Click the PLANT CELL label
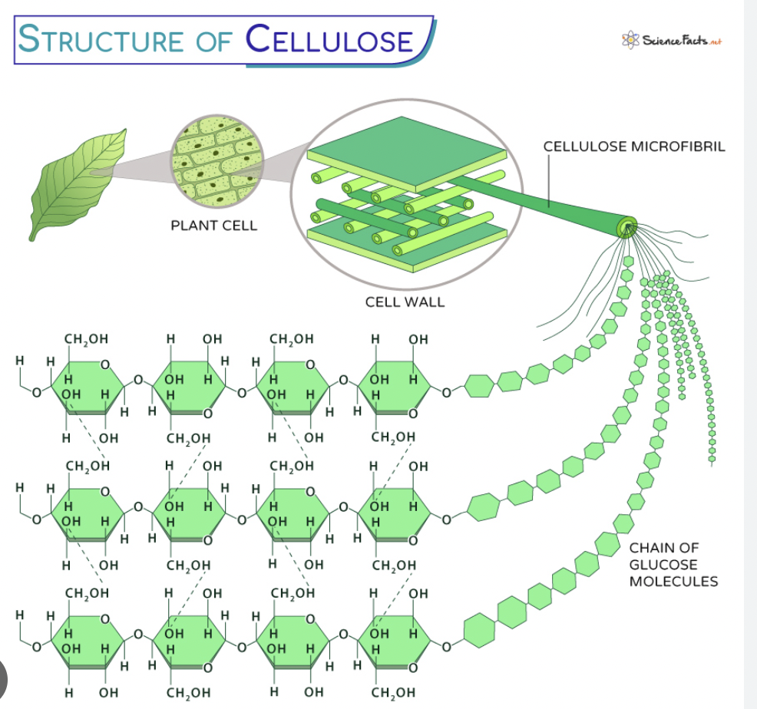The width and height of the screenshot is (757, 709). (x=213, y=226)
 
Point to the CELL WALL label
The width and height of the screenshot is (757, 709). (x=405, y=302)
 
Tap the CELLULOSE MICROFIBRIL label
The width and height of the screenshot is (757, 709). (x=633, y=146)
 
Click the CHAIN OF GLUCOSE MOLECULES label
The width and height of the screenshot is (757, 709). (x=673, y=564)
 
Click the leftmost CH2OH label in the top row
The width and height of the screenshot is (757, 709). (x=86, y=338)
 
